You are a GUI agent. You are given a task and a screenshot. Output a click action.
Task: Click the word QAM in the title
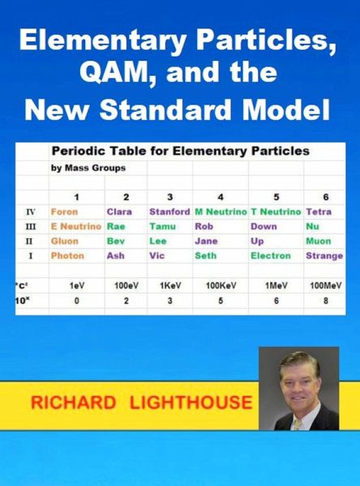click(x=118, y=73)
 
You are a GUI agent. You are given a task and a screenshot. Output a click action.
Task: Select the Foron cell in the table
click(x=64, y=212)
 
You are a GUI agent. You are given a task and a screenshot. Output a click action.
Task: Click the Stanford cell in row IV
click(x=169, y=212)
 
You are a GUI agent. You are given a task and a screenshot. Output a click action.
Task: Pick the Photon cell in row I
click(x=67, y=256)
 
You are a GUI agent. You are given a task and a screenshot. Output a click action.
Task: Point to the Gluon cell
click(x=65, y=241)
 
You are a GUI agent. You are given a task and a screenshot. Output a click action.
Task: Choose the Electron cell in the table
click(x=271, y=256)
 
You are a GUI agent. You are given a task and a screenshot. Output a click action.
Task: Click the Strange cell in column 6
click(x=324, y=256)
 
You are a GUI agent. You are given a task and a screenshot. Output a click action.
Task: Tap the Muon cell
click(x=319, y=241)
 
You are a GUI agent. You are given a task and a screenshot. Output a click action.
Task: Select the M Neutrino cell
click(x=221, y=212)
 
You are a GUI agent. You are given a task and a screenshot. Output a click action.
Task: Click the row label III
click(x=31, y=227)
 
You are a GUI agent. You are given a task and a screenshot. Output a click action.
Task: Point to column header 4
click(x=221, y=197)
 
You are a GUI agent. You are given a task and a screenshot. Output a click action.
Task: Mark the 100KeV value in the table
click(x=221, y=286)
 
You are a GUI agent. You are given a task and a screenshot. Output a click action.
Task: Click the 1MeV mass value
click(x=276, y=286)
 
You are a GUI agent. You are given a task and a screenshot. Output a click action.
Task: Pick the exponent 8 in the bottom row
click(x=326, y=301)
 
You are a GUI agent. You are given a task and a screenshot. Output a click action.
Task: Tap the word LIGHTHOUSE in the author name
click(x=191, y=403)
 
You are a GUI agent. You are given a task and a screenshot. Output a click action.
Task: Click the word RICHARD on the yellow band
click(x=73, y=403)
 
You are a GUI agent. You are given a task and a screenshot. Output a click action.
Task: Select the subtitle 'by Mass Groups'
click(x=88, y=168)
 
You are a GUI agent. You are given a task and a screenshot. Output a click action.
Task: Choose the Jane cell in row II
click(x=206, y=241)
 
